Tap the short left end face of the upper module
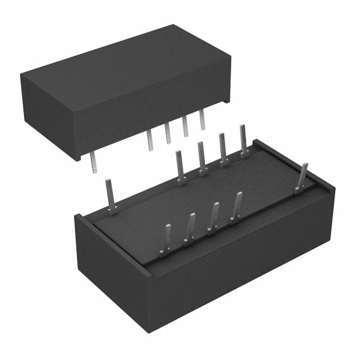click(48, 115)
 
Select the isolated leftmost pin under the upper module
click(93, 163)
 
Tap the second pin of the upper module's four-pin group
click(168, 133)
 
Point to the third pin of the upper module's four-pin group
click(185, 127)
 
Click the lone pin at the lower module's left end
click(111, 194)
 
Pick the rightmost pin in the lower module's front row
click(237, 206)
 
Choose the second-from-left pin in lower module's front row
click(191, 228)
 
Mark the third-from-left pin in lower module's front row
click(214, 217)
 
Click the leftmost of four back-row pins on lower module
click(180, 166)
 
